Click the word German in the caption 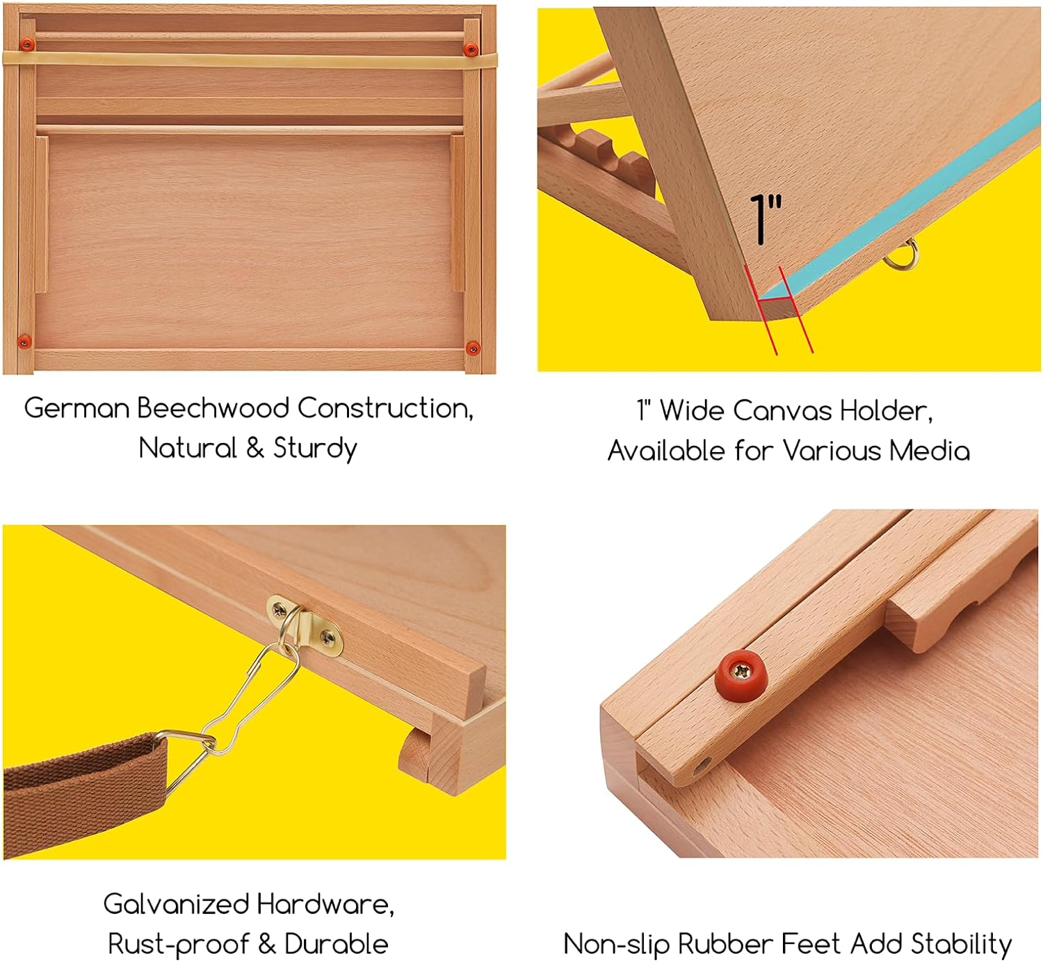point(76,408)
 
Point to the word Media point(929,451)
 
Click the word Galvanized point(176,904)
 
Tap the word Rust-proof point(178,944)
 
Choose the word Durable point(336,944)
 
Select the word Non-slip point(616,944)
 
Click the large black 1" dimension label point(765,219)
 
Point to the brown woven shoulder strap point(83,779)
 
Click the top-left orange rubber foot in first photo point(27,45)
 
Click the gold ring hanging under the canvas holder point(902,255)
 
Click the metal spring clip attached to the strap point(243,703)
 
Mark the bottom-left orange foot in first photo point(24,341)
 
